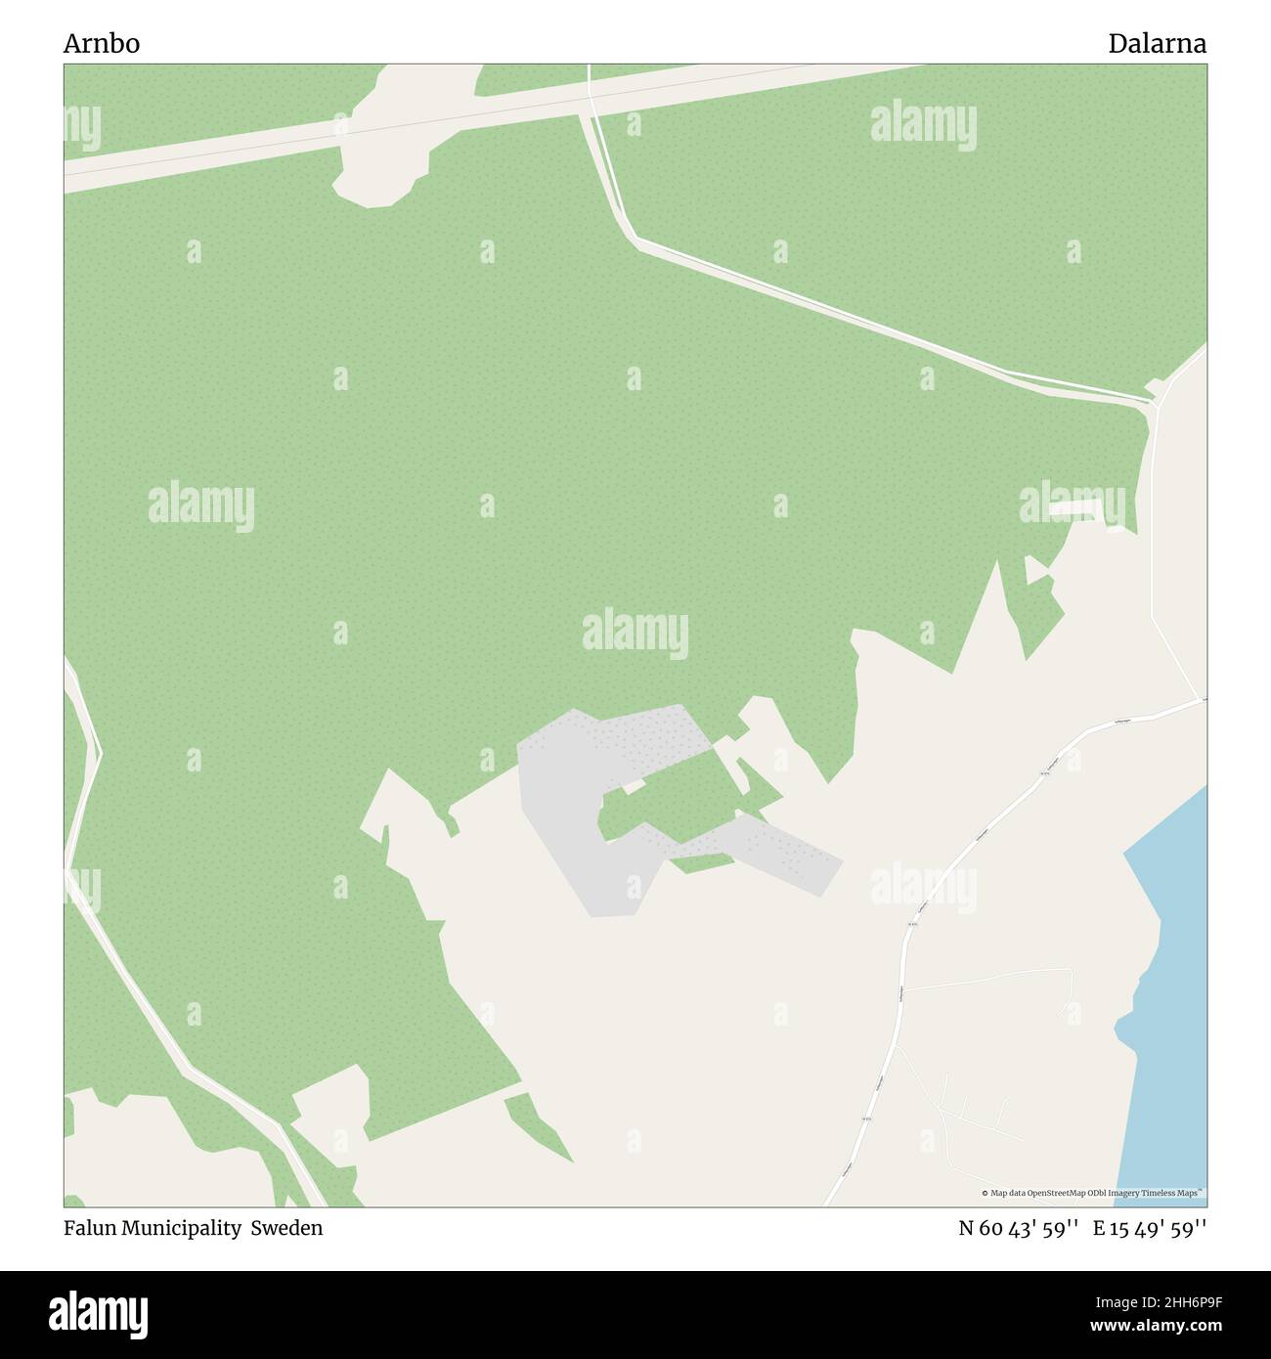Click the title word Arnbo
pyautogui.click(x=102, y=44)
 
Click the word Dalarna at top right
pyautogui.click(x=1157, y=44)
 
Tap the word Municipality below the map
pyautogui.click(x=182, y=1228)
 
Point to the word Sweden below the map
pyautogui.click(x=286, y=1228)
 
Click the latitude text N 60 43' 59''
pyautogui.click(x=1018, y=1228)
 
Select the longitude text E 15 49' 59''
pyautogui.click(x=1150, y=1228)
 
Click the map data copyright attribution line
pyautogui.click(x=1092, y=1193)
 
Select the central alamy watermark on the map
pyautogui.click(x=635, y=633)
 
